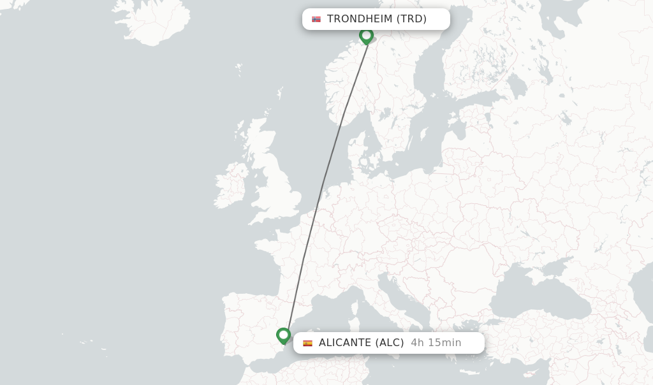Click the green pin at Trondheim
pos(366,35)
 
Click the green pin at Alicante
pos(284,335)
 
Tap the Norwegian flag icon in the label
pos(316,19)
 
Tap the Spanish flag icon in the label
pos(307,343)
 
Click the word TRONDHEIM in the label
pos(360,19)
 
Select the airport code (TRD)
pos(411,19)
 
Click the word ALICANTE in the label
pos(345,343)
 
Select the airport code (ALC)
pos(390,343)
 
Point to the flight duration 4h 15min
pos(436,343)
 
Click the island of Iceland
pos(153,22)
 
